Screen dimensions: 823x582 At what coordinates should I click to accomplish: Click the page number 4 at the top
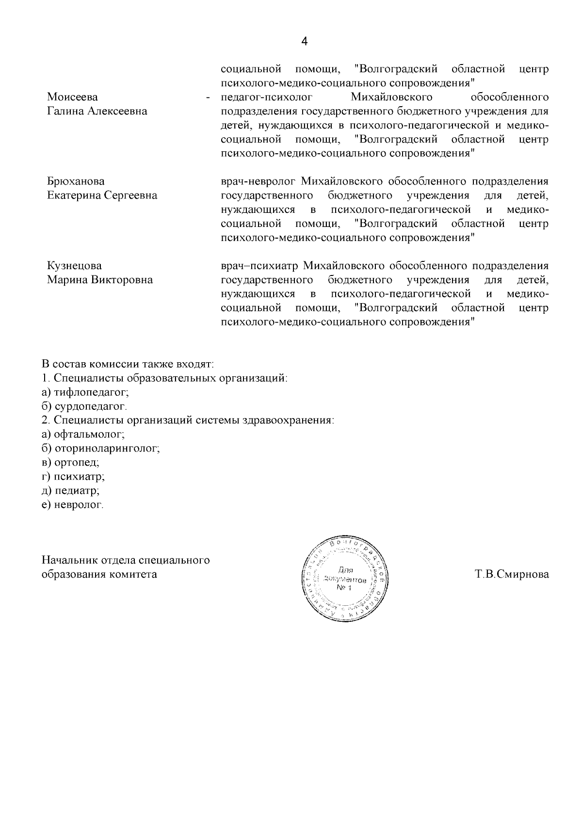pos(304,42)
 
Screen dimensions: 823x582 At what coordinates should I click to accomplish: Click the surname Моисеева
pos(72,97)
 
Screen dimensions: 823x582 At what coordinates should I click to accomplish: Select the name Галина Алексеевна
pos(97,112)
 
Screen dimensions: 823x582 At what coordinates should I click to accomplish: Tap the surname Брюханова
pos(76,182)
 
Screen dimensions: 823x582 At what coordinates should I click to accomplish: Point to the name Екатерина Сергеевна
pos(102,196)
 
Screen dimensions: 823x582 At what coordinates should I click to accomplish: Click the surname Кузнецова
pos(74,266)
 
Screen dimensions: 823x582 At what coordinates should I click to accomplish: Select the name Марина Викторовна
pos(99,280)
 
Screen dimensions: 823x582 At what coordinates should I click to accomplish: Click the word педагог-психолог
pos(266,97)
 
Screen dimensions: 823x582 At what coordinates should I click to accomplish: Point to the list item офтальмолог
pos(89,435)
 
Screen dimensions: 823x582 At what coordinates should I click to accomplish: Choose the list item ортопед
pos(77,463)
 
